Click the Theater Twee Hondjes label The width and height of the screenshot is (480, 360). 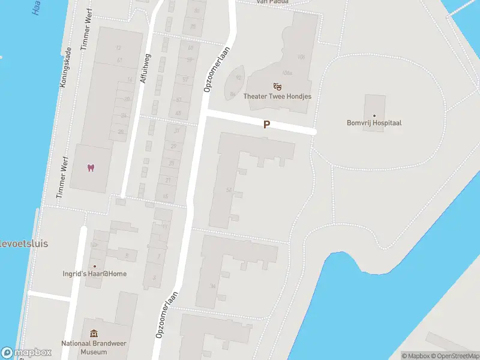[x=277, y=96]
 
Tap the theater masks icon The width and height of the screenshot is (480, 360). [x=277, y=86]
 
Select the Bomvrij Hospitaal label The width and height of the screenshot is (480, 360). [x=374, y=123]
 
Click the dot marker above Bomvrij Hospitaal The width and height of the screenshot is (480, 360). [x=374, y=115]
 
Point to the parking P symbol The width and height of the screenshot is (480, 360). [x=267, y=124]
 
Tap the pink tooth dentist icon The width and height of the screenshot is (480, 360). [x=91, y=167]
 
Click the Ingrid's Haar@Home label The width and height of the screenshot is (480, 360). [x=95, y=274]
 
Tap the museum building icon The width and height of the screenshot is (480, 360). [x=94, y=334]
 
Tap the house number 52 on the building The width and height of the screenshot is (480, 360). [x=229, y=190]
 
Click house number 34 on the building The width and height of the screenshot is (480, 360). [x=212, y=286]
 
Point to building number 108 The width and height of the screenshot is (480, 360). [x=301, y=57]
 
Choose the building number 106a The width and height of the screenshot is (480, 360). [x=287, y=73]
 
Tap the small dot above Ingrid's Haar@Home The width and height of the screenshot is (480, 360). [x=94, y=266]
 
